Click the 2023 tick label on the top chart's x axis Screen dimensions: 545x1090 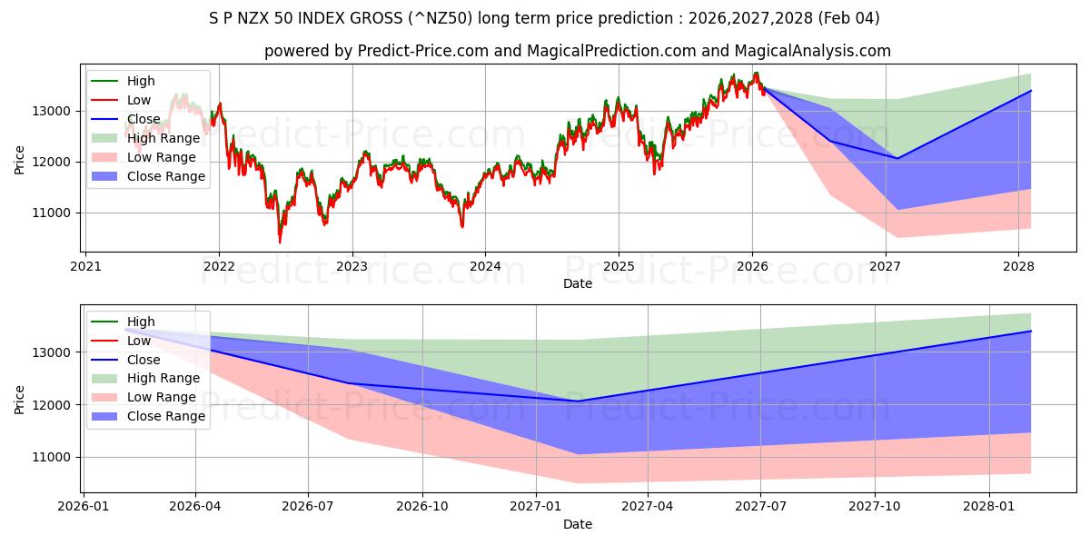pos(352,266)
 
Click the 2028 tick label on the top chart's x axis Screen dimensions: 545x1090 pos(1018,266)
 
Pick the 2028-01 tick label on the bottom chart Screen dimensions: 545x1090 pos(989,507)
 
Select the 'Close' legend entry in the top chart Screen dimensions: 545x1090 pos(144,119)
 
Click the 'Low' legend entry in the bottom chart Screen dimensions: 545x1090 pos(139,341)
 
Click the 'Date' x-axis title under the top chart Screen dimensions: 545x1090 pos(577,283)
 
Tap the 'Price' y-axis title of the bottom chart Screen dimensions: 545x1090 pos(20,399)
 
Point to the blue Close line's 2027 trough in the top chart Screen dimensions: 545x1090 pos(897,158)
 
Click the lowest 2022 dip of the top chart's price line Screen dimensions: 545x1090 pos(280,242)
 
